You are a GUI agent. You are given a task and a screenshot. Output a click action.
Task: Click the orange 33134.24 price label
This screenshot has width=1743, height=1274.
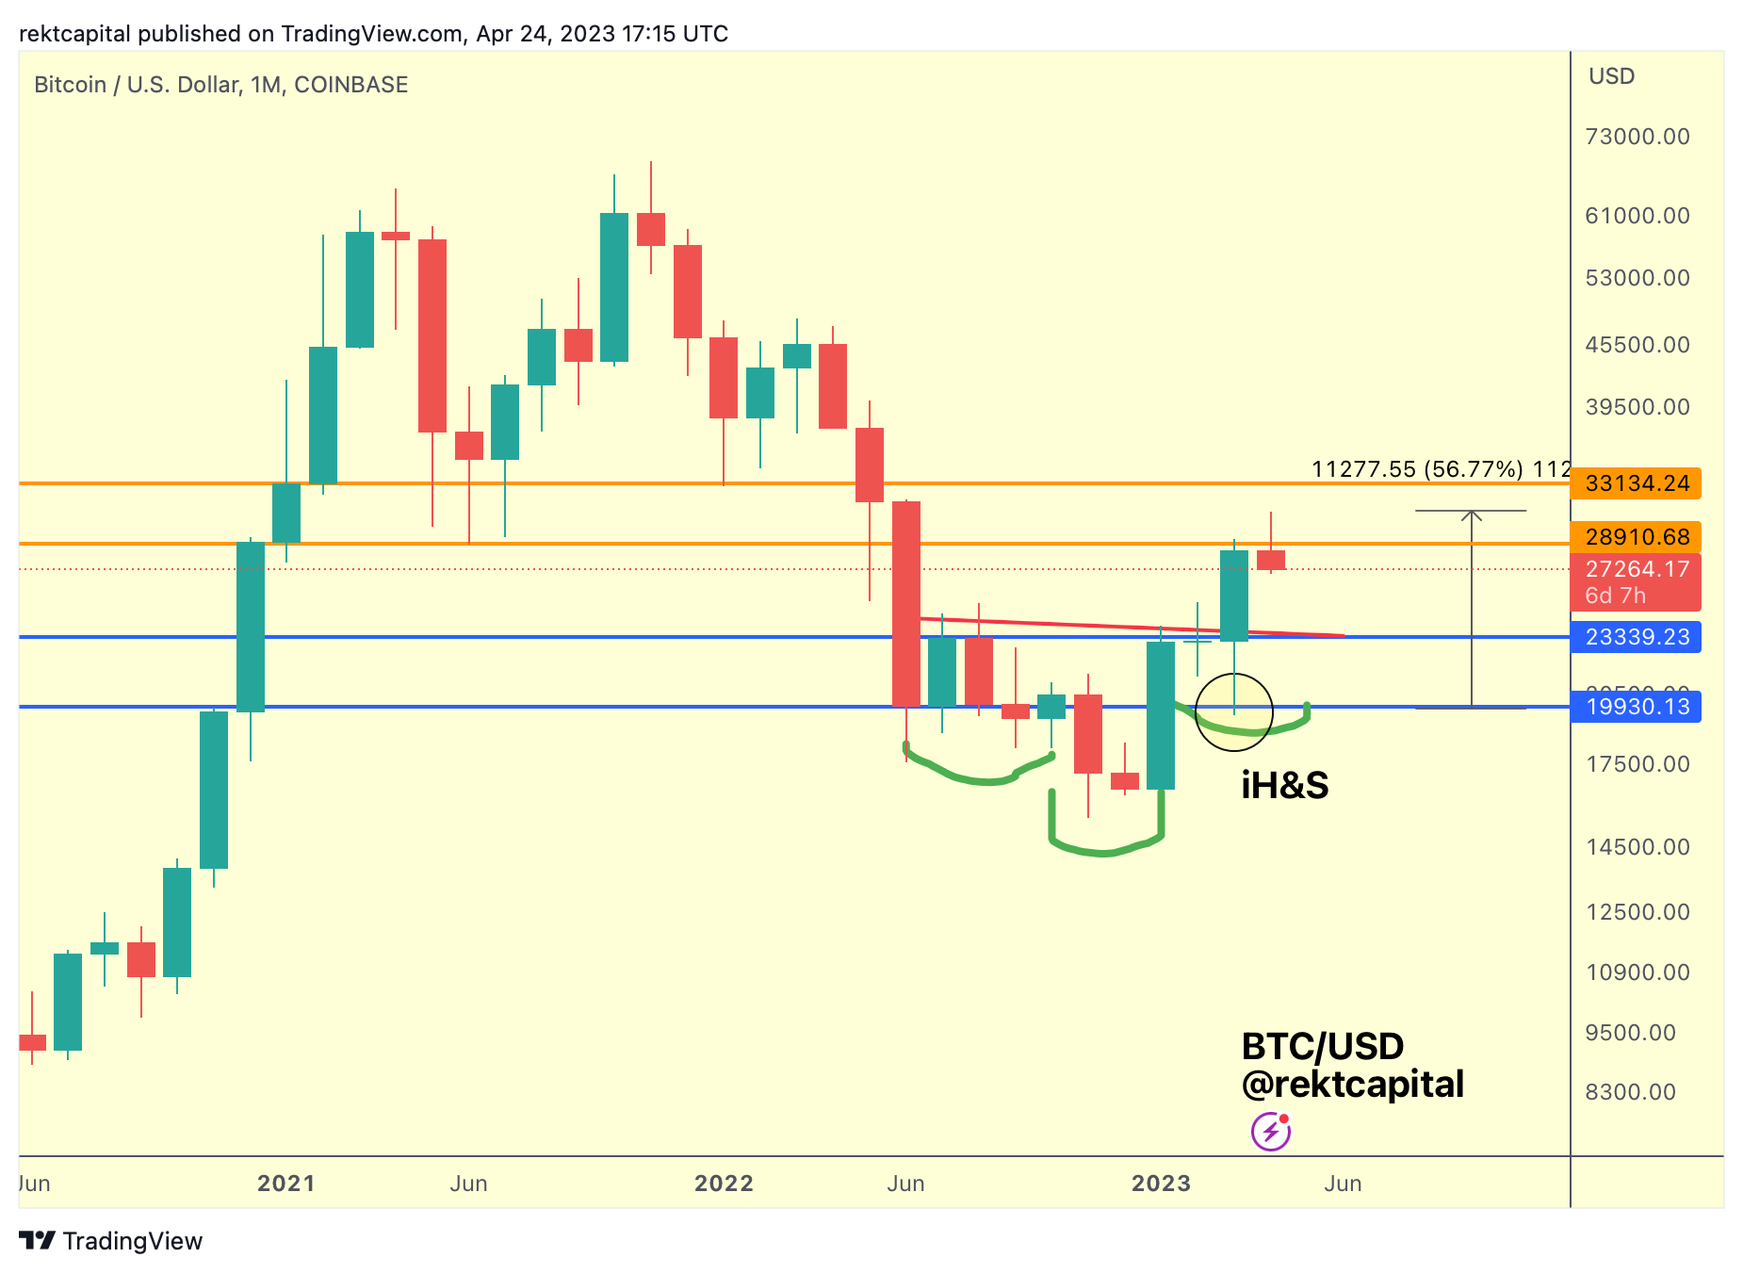pyautogui.click(x=1636, y=483)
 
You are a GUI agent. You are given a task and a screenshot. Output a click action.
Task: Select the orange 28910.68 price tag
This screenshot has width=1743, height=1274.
pyautogui.click(x=1636, y=537)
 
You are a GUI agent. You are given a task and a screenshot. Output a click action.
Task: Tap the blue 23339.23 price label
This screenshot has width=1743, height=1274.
pyautogui.click(x=1636, y=637)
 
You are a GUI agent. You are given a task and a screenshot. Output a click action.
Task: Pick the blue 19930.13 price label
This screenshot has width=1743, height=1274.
pyautogui.click(x=1636, y=707)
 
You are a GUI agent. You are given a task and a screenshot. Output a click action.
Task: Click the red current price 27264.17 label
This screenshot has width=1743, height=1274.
pyautogui.click(x=1636, y=570)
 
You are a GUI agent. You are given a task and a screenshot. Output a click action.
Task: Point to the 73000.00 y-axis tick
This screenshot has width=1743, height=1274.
pyautogui.click(x=1637, y=137)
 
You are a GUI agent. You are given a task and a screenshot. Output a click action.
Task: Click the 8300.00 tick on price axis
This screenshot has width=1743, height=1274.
pyautogui.click(x=1630, y=1092)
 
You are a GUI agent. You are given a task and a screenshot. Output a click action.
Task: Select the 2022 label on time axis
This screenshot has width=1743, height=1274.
pyautogui.click(x=724, y=1184)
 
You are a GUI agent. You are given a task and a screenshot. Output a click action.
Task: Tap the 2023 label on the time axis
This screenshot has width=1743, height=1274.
pyautogui.click(x=1161, y=1184)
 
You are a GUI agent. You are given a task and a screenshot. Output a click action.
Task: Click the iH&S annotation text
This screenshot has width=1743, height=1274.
pyautogui.click(x=1284, y=785)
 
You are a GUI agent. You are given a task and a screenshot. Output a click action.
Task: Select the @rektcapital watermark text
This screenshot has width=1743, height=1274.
pyautogui.click(x=1352, y=1085)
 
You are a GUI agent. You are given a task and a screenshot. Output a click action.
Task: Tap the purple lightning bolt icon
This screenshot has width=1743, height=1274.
pyautogui.click(x=1270, y=1131)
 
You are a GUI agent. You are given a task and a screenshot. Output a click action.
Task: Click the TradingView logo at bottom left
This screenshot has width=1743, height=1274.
pyautogui.click(x=111, y=1241)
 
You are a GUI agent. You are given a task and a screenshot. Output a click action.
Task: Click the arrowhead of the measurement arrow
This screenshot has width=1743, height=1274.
pyautogui.click(x=1471, y=514)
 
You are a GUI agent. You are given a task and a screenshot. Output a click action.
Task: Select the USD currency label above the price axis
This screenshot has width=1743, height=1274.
pyautogui.click(x=1611, y=76)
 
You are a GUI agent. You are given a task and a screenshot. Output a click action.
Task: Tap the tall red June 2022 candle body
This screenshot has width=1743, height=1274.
pyautogui.click(x=906, y=603)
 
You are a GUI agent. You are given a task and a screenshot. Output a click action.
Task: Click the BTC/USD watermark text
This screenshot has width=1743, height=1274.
pyautogui.click(x=1322, y=1046)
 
